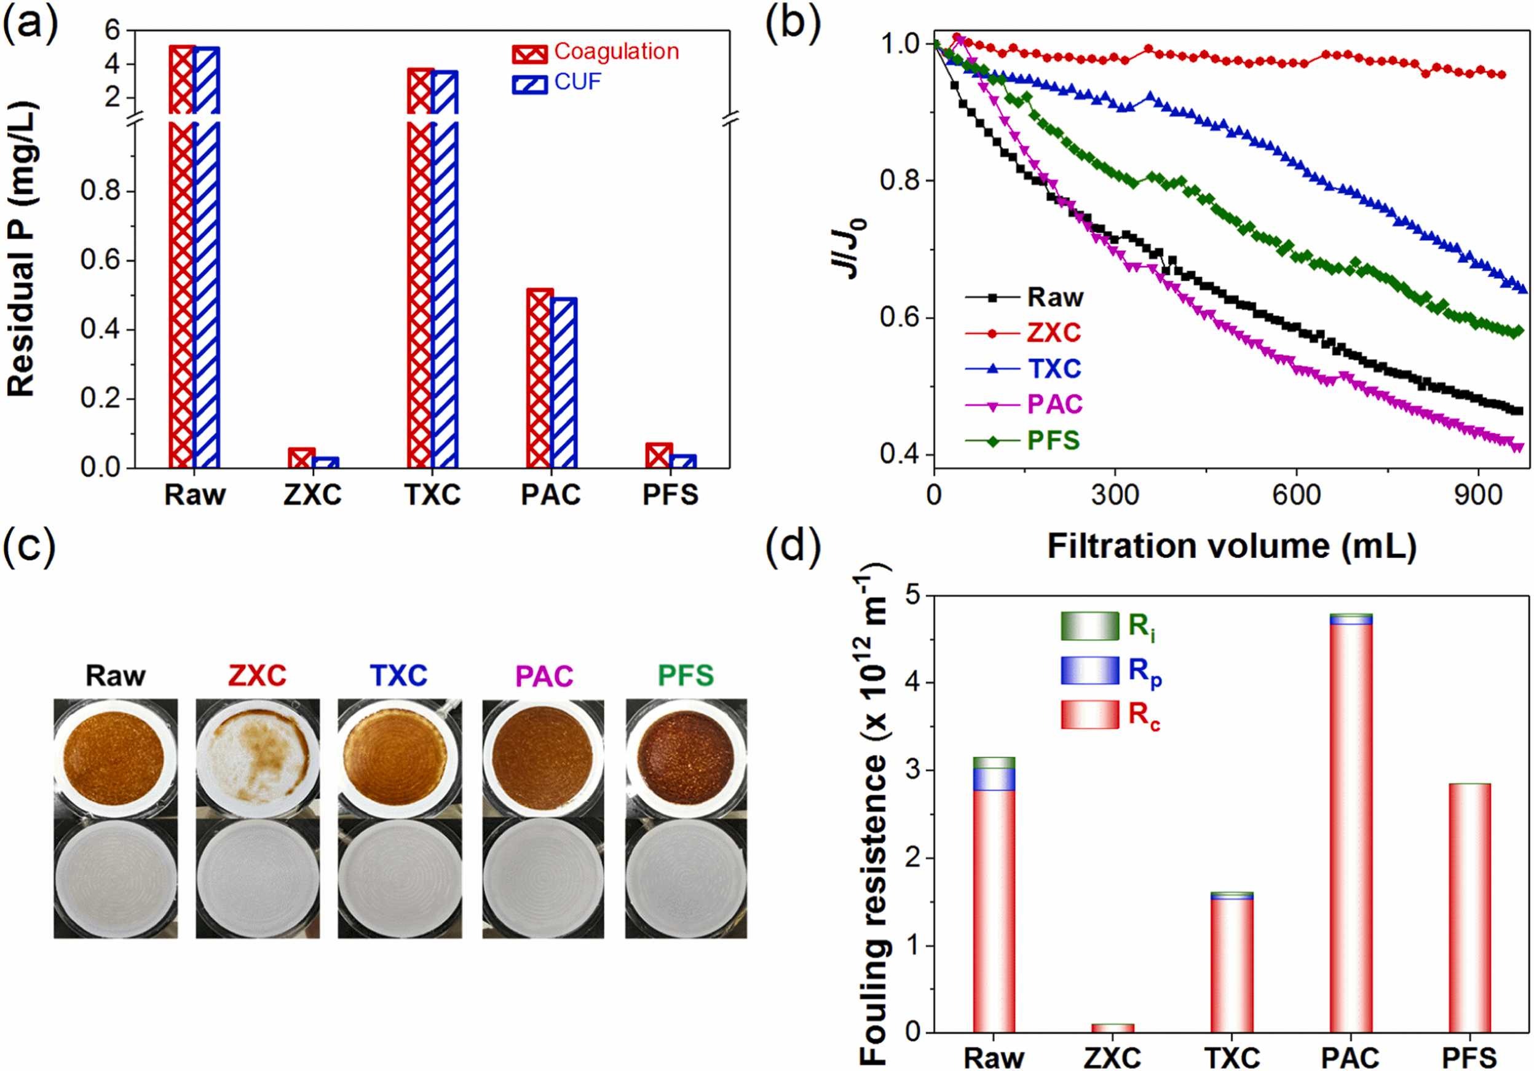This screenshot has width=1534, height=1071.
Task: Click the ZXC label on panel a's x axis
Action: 312,495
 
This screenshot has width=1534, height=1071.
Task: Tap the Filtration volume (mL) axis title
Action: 1232,546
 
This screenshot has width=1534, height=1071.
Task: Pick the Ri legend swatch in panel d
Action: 1089,626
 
